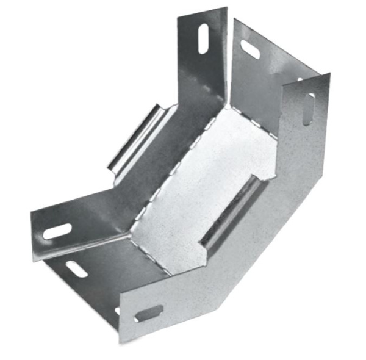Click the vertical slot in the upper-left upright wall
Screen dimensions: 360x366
click(202, 39)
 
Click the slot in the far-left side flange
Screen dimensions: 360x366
click(57, 232)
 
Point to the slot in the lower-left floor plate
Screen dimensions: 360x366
click(77, 268)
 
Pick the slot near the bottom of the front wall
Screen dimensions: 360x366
click(148, 313)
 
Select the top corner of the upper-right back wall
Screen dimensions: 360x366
click(234, 19)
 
